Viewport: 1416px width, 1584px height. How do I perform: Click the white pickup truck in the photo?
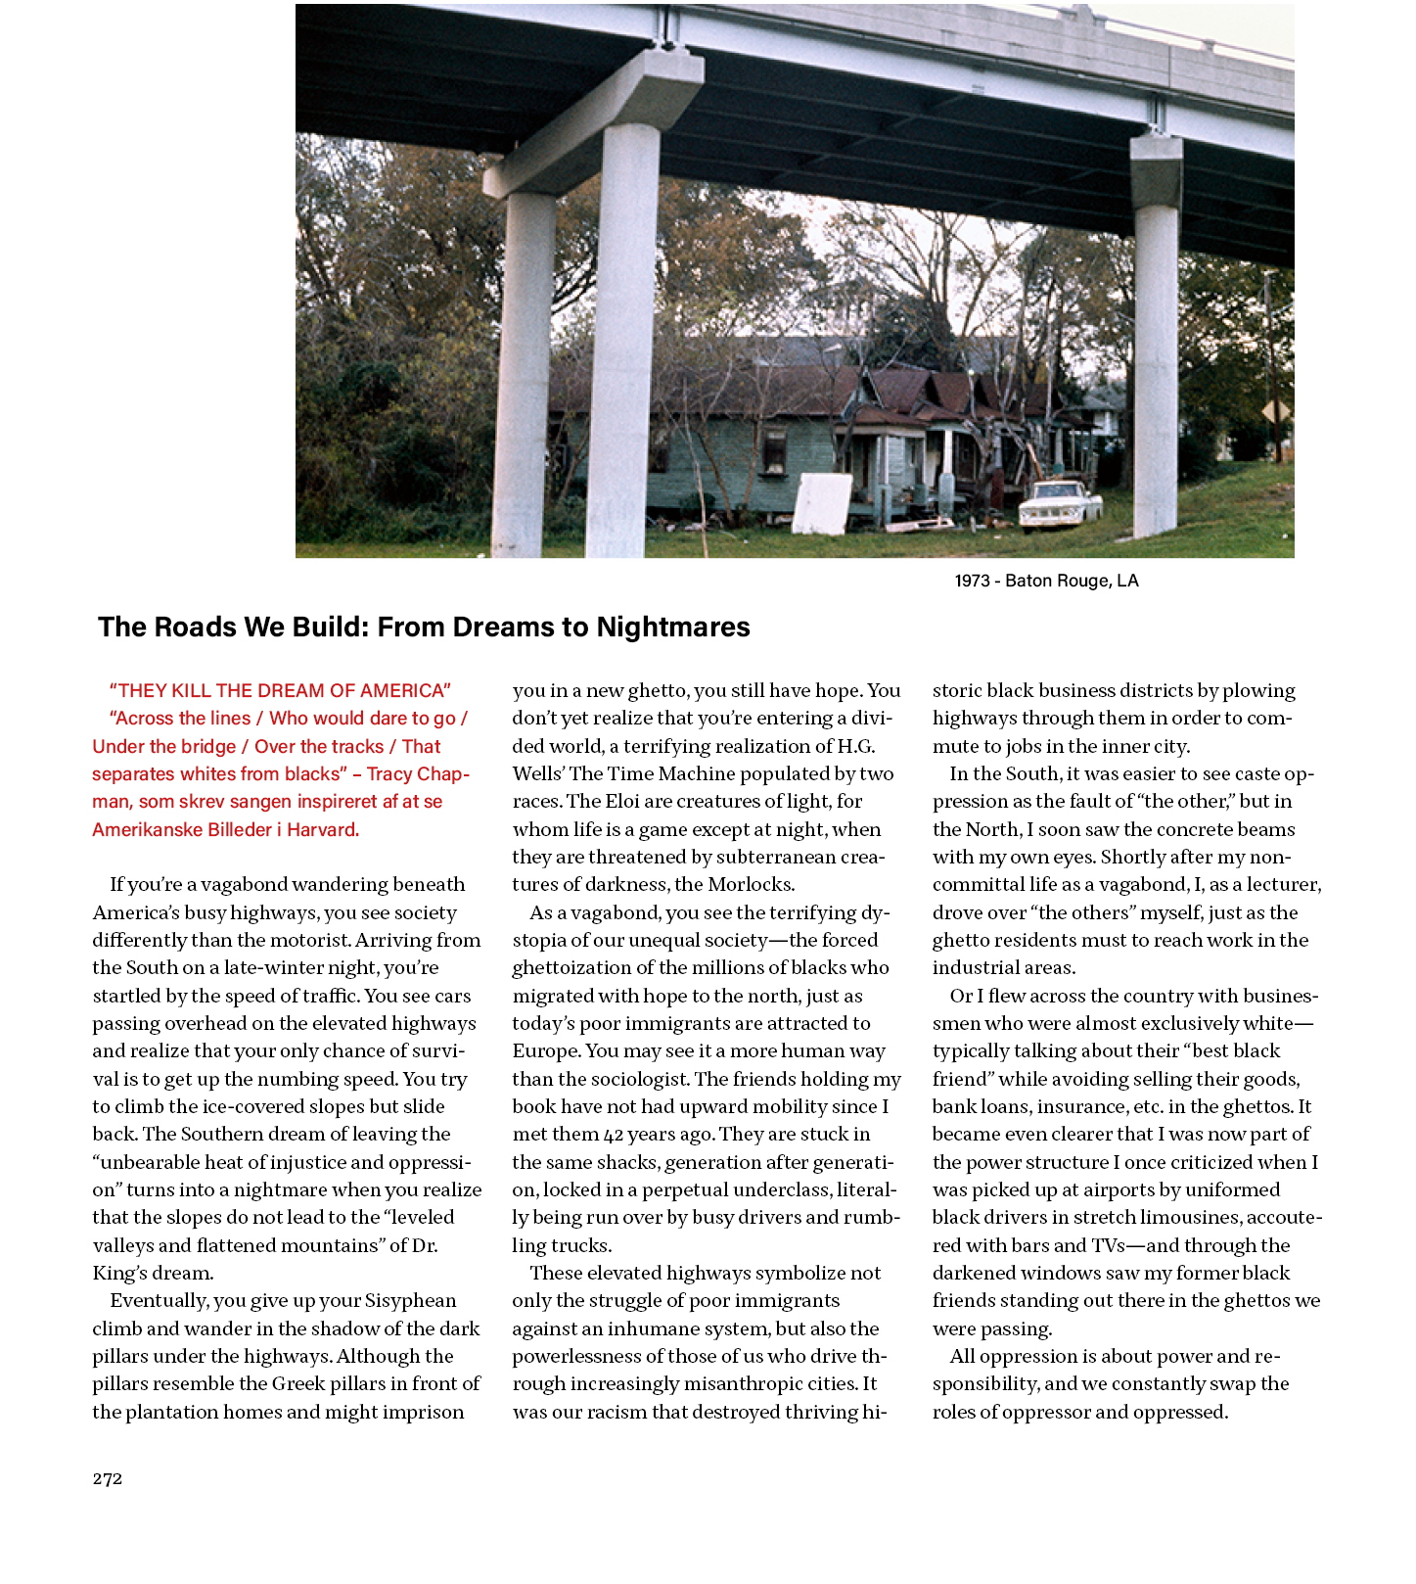pyautogui.click(x=1060, y=502)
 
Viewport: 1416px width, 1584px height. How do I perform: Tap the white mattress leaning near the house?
pyautogui.click(x=822, y=504)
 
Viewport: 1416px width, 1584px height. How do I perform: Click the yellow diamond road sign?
pyautogui.click(x=1274, y=412)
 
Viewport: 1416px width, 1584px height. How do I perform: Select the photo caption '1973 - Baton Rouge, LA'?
pyautogui.click(x=1046, y=581)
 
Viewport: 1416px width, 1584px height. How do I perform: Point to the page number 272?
pyautogui.click(x=108, y=1478)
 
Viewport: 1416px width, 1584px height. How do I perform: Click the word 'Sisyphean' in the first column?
pyautogui.click(x=410, y=1300)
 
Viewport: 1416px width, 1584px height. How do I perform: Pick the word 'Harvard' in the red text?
pyautogui.click(x=323, y=829)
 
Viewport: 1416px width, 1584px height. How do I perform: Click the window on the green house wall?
pyautogui.click(x=774, y=451)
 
